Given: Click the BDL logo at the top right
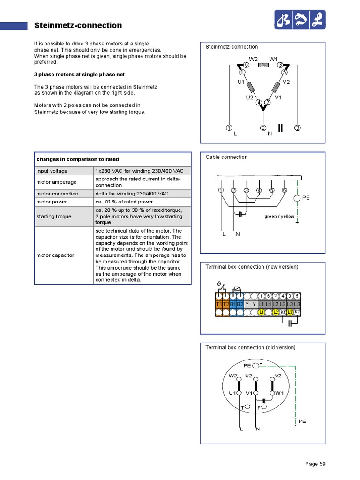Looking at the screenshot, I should [300, 20].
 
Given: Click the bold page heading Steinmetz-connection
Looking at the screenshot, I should [78, 25].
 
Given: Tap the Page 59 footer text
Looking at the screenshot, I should [315, 464].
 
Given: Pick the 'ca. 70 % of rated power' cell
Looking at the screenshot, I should [123, 202].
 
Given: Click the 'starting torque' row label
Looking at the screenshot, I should [54, 216].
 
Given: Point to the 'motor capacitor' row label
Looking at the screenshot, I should [55, 255].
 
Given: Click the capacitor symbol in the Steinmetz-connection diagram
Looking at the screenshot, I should [280, 127].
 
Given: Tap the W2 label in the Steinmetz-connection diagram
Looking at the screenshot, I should [253, 59].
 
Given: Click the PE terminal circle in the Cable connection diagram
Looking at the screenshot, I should [297, 198].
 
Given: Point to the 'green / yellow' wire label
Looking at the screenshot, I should [279, 217].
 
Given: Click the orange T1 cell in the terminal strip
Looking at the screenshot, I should [219, 304].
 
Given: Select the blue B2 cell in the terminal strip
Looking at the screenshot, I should [240, 304].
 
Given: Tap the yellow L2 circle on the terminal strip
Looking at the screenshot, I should [276, 312].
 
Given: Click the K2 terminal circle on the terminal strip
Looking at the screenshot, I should [297, 312].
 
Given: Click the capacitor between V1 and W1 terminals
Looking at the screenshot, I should [264, 401].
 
